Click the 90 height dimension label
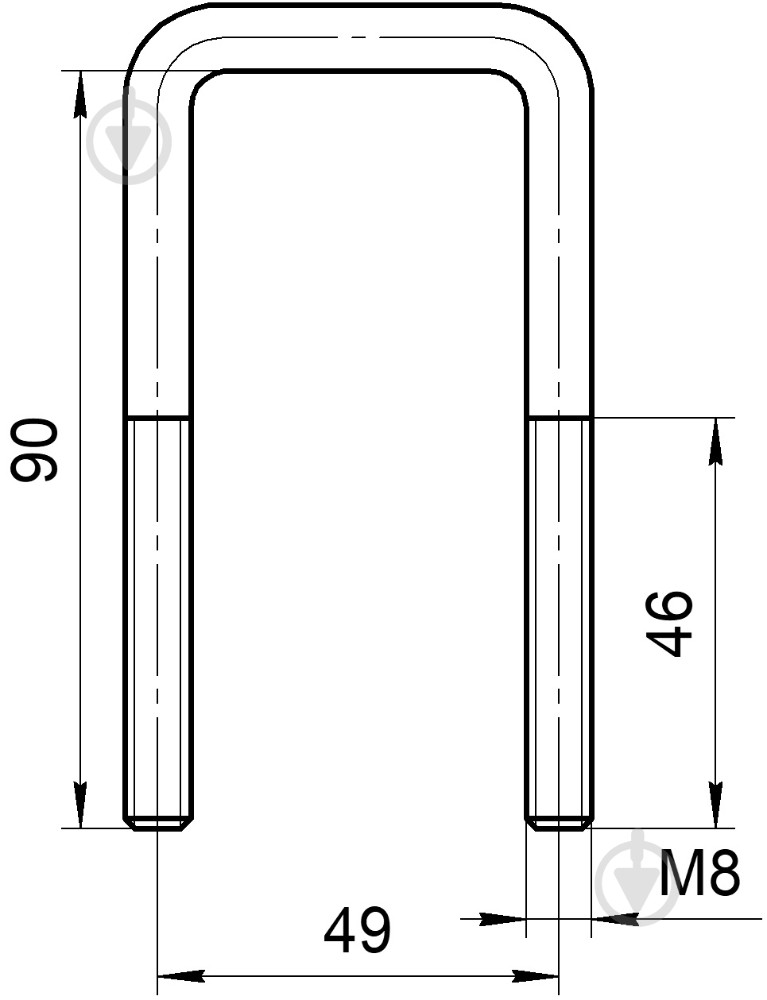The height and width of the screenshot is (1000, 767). coord(34,450)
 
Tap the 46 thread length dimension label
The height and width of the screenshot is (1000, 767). coord(669,624)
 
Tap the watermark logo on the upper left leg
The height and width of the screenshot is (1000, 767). coord(129,141)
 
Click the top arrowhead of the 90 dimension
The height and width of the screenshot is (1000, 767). coord(80,95)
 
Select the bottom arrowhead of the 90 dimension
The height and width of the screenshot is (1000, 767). coord(80,805)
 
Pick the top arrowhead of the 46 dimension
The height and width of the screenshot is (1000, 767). coord(715,442)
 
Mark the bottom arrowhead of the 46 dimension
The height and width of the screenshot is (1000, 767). coord(715,805)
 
